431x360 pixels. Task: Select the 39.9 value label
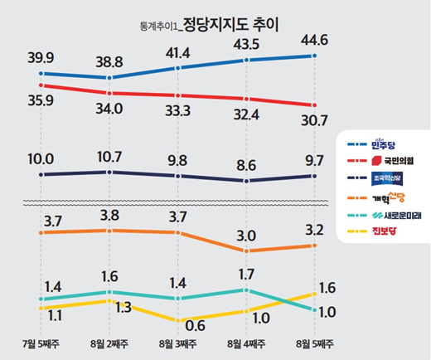[41, 56]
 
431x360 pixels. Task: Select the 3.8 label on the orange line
[109, 214]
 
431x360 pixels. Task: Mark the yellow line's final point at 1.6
[314, 293]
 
